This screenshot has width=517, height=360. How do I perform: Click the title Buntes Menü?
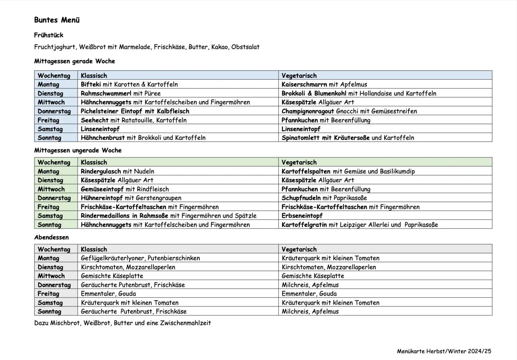57,20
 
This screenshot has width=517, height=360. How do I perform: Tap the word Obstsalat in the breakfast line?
245,47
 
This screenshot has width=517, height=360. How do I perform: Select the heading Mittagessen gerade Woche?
74,61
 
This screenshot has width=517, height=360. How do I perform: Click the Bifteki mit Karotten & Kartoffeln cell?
129,85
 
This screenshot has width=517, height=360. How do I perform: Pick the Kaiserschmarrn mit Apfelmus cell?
324,85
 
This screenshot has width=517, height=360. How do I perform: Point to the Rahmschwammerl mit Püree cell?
121,94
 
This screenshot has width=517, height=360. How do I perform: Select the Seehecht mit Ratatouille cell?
134,120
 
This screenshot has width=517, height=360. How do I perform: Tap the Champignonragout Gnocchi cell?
349,111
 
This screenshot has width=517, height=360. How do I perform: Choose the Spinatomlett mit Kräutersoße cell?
348,138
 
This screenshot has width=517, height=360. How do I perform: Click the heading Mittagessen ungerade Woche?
78,150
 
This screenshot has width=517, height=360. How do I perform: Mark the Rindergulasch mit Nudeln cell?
117,172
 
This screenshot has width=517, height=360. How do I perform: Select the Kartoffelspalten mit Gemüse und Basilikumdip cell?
348,172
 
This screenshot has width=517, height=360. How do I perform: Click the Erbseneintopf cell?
302,216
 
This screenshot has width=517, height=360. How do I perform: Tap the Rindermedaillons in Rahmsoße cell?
168,216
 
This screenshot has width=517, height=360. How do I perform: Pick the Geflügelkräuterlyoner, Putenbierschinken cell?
140,258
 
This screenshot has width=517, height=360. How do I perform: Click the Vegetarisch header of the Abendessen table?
299,249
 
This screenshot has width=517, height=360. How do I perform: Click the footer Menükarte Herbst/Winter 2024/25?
444,351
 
